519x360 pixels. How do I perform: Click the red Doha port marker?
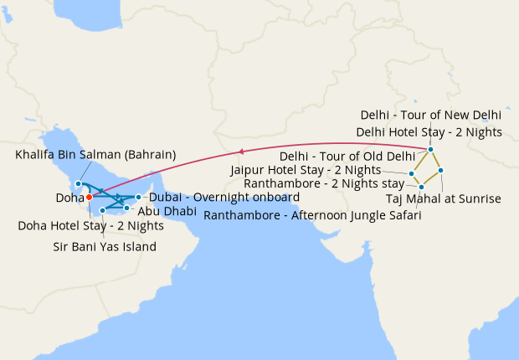[x=90, y=198]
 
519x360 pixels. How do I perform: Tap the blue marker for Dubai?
[x=138, y=197]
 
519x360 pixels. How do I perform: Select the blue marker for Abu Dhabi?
[x=127, y=207]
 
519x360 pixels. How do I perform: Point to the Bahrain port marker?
[x=78, y=183]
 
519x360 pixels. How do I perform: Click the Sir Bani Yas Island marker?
[x=102, y=210]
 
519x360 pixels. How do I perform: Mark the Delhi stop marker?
[x=431, y=150]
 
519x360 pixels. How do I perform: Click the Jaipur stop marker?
[x=412, y=174]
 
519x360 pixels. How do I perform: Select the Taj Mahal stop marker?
[x=440, y=170]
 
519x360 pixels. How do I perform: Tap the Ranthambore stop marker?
[x=421, y=187]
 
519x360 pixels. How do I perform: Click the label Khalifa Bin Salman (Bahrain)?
[x=95, y=155]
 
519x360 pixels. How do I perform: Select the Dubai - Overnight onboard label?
[x=224, y=197]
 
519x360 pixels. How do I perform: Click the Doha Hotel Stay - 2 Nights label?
[x=90, y=226]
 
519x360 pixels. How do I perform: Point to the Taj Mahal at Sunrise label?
[x=444, y=199]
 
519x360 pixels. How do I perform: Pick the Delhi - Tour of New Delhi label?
[x=431, y=115]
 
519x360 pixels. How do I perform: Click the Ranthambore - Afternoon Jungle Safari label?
[x=312, y=215]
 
